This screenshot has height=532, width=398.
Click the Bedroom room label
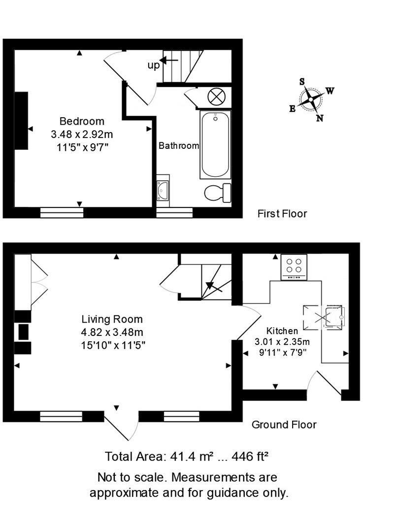click(82, 121)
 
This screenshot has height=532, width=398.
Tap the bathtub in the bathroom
click(215, 144)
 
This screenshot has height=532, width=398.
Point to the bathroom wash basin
click(163, 189)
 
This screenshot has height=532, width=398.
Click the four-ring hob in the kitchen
click(294, 267)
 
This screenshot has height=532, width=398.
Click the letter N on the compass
click(320, 118)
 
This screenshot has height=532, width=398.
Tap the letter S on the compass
click(302, 81)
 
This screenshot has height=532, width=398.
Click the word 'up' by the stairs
click(153, 65)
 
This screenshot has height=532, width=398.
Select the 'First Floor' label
click(282, 214)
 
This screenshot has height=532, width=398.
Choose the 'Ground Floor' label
click(284, 425)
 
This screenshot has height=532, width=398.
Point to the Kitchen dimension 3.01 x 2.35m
click(282, 342)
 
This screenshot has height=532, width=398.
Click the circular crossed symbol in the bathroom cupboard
click(216, 96)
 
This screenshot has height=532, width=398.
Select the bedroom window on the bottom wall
click(62, 212)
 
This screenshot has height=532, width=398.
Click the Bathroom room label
click(179, 146)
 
